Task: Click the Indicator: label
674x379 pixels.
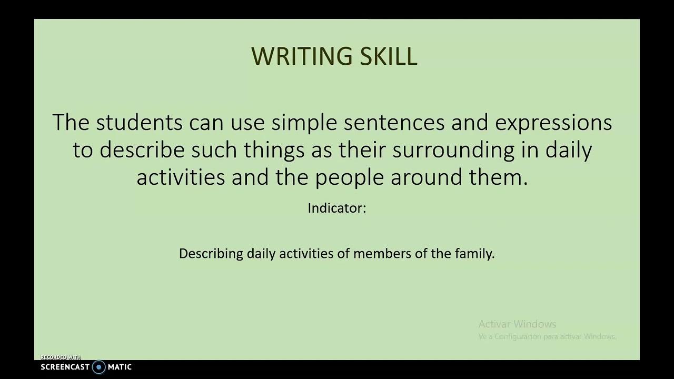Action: click(x=336, y=208)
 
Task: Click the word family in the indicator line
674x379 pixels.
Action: click(x=474, y=254)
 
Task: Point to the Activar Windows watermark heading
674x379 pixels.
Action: click(x=517, y=324)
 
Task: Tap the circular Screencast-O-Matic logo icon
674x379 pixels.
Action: click(x=99, y=367)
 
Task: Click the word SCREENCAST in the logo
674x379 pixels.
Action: click(x=65, y=367)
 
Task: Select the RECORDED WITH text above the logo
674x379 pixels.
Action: click(x=61, y=357)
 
